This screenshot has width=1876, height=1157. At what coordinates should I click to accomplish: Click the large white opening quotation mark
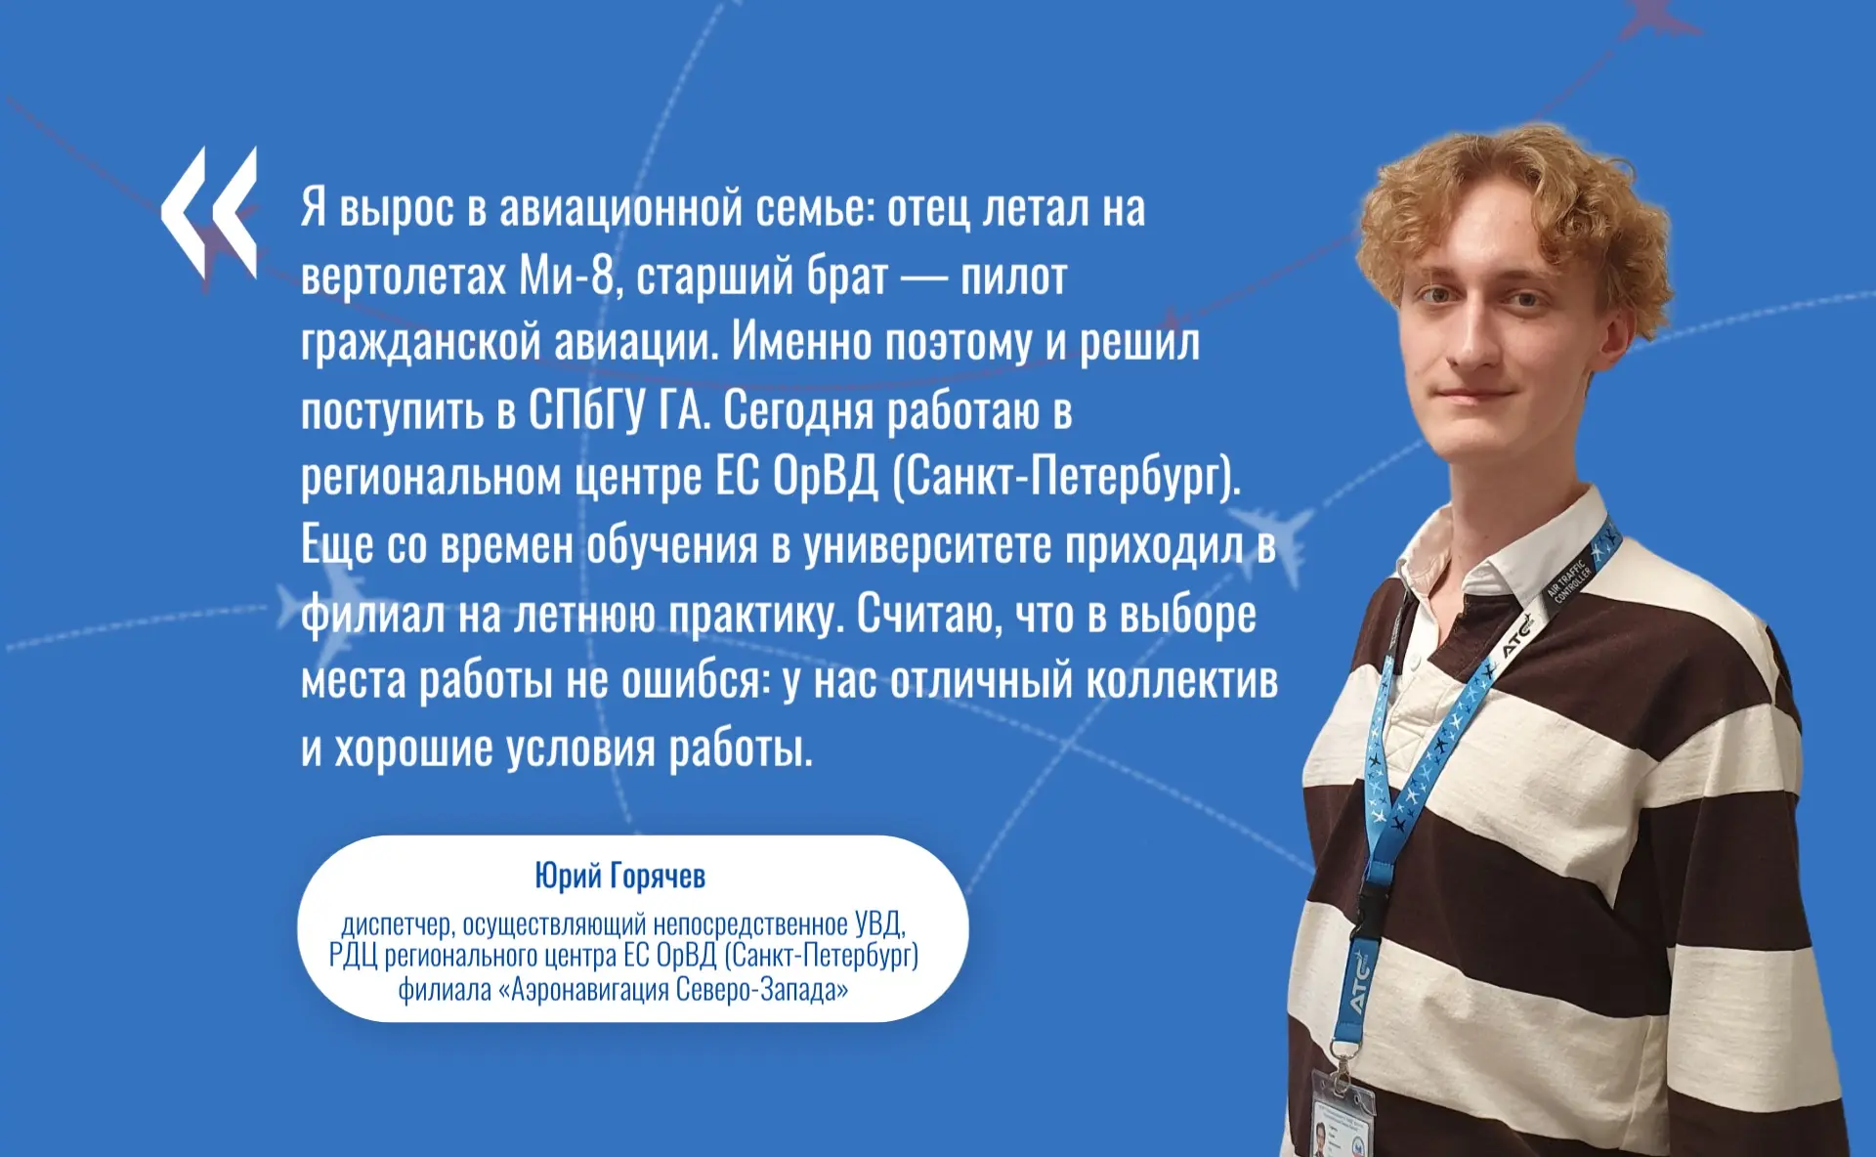(x=209, y=212)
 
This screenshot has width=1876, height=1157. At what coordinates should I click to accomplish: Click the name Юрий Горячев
(x=619, y=877)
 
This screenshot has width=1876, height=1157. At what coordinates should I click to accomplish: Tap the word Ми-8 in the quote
(x=566, y=276)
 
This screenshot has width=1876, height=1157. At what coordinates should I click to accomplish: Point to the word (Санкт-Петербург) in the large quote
(x=1066, y=478)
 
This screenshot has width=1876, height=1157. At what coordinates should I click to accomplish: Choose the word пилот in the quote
(x=1013, y=277)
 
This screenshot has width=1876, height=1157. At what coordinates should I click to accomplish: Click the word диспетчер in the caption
(x=398, y=924)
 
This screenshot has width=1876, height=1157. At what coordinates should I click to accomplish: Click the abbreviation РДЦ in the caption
(x=353, y=955)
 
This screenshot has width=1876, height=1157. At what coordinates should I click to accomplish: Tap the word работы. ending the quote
(x=741, y=750)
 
